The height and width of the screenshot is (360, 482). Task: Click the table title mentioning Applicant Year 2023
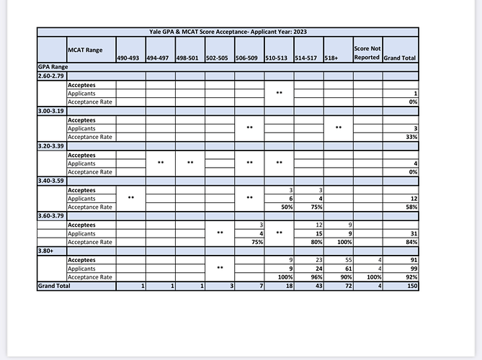tap(227, 32)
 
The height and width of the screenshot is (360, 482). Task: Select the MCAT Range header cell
tap(84, 50)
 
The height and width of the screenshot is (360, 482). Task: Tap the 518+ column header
tap(331, 58)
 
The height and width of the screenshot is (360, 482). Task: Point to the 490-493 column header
tap(129, 58)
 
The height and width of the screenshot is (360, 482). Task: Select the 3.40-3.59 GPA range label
tap(50, 181)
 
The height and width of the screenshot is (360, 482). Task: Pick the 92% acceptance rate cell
tap(413, 277)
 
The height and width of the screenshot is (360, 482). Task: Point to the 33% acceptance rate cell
tap(413, 137)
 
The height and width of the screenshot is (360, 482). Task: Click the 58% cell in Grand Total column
tap(413, 207)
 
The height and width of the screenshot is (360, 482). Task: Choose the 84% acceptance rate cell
tap(413, 242)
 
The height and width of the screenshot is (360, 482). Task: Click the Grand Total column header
tap(400, 58)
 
